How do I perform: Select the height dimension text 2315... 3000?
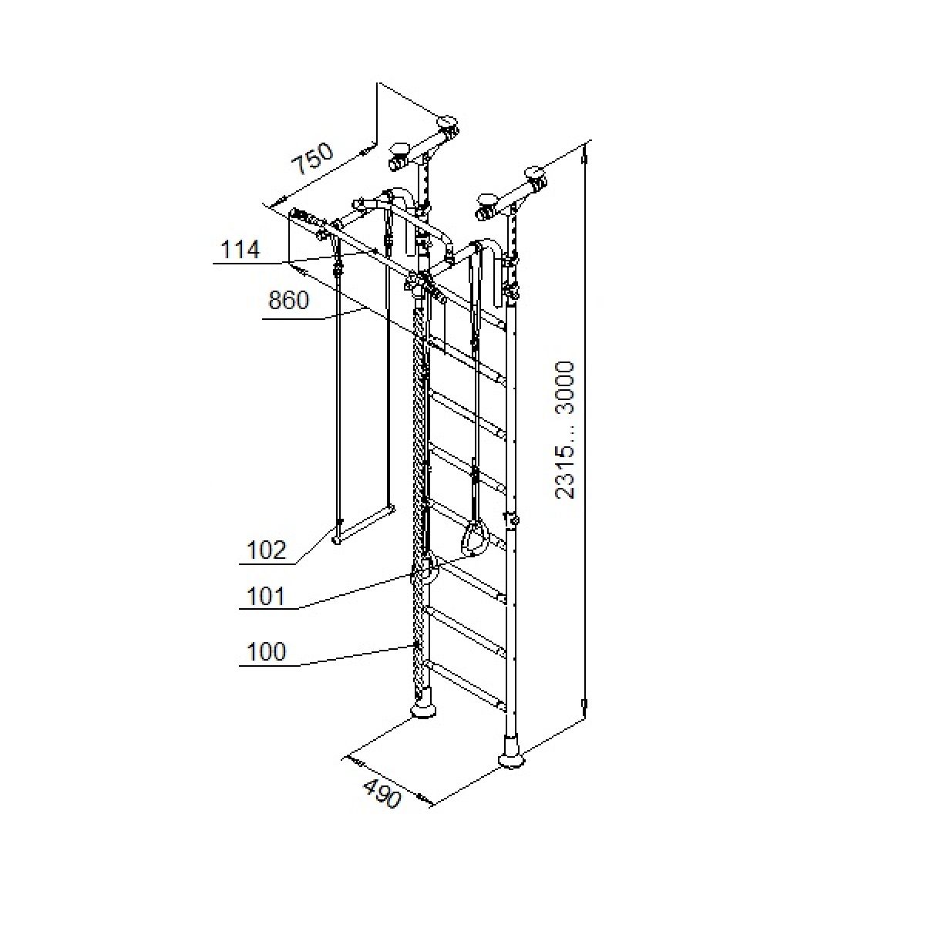(x=565, y=430)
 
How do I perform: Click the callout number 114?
(x=240, y=250)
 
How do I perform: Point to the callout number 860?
(x=288, y=301)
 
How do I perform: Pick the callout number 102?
(x=266, y=550)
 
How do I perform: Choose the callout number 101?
(x=266, y=597)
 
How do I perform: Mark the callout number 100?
(x=266, y=651)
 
